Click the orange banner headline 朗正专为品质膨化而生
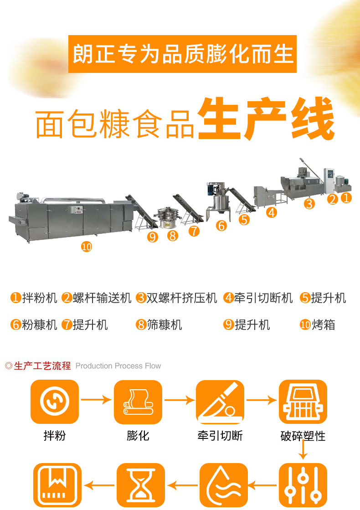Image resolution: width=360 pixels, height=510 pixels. point(183,54)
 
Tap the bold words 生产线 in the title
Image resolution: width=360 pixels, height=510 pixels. point(266,118)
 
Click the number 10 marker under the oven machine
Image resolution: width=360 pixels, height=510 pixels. point(87,247)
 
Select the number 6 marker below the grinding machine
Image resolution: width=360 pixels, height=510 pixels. point(221,226)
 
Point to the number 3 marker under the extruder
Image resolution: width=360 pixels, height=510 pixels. point(309,204)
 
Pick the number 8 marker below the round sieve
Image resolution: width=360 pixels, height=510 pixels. point(173,236)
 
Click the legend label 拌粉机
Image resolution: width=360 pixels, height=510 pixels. point(40,298)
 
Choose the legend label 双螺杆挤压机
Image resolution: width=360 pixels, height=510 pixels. point(181,298)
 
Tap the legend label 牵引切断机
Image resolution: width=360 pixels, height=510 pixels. point(263,298)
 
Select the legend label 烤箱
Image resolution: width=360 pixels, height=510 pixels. point(323,325)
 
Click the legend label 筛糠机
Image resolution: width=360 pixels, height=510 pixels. point(165,325)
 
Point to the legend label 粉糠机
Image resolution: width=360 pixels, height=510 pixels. point(40,325)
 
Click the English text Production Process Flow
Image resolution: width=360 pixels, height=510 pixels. point(118,366)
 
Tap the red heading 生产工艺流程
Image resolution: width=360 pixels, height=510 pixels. point(42,366)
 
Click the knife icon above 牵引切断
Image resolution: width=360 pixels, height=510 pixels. point(220,402)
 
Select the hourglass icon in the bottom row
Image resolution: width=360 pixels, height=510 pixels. point(140,485)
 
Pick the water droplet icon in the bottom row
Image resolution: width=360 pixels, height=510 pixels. point(224,485)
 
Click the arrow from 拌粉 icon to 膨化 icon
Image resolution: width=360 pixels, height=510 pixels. point(96,399)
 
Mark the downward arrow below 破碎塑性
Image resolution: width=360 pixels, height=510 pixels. point(303,450)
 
